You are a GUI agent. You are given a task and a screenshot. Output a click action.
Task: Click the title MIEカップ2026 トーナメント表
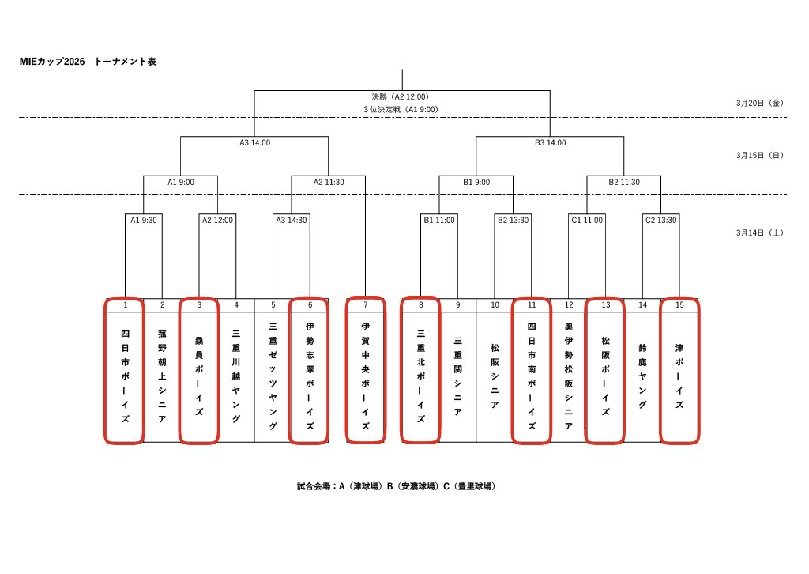tap(88, 62)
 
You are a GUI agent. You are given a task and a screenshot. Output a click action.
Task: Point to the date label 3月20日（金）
tap(758, 103)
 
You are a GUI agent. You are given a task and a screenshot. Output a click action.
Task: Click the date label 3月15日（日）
tap(758, 155)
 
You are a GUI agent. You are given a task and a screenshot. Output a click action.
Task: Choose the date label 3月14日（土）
tap(758, 232)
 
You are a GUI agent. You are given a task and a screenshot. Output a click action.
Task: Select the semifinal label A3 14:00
tap(255, 143)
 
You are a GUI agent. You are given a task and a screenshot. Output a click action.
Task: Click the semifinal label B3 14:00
tap(551, 143)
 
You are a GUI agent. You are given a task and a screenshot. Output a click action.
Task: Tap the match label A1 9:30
tap(144, 220)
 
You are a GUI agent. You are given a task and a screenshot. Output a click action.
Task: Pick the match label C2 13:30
tap(660, 220)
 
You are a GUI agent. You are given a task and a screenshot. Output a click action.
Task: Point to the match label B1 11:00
tap(439, 220)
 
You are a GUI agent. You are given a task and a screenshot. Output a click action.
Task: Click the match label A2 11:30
tap(329, 182)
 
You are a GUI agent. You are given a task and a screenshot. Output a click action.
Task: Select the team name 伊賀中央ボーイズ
tap(366, 376)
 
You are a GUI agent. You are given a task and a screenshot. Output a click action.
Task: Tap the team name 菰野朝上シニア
tap(162, 376)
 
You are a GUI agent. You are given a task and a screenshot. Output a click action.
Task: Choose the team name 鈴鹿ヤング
tap(642, 376)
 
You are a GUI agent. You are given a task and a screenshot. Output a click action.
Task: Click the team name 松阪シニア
tap(495, 376)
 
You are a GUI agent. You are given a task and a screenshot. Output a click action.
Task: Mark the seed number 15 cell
tap(679, 304)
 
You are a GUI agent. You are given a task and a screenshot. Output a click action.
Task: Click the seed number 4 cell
tap(236, 304)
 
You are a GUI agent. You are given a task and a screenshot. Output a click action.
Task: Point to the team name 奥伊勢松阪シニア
tap(569, 376)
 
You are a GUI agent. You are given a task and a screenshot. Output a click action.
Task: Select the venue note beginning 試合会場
tap(396, 486)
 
